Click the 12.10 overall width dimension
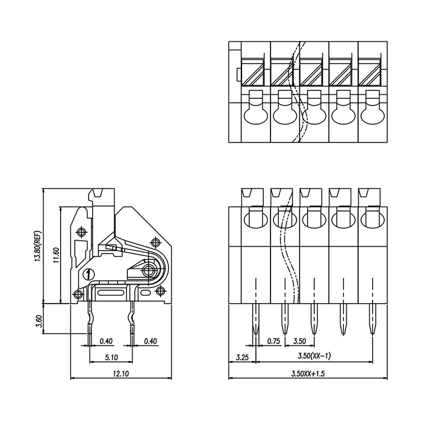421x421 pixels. tap(121, 373)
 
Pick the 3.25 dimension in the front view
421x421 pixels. tap(242, 357)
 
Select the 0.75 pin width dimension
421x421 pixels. tap(273, 341)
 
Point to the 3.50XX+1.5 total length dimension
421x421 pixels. tap(308, 373)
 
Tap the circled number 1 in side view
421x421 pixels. tap(88, 274)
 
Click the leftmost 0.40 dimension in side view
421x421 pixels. tap(105, 341)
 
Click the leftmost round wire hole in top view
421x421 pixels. tap(254, 116)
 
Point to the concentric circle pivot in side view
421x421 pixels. tap(149, 271)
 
